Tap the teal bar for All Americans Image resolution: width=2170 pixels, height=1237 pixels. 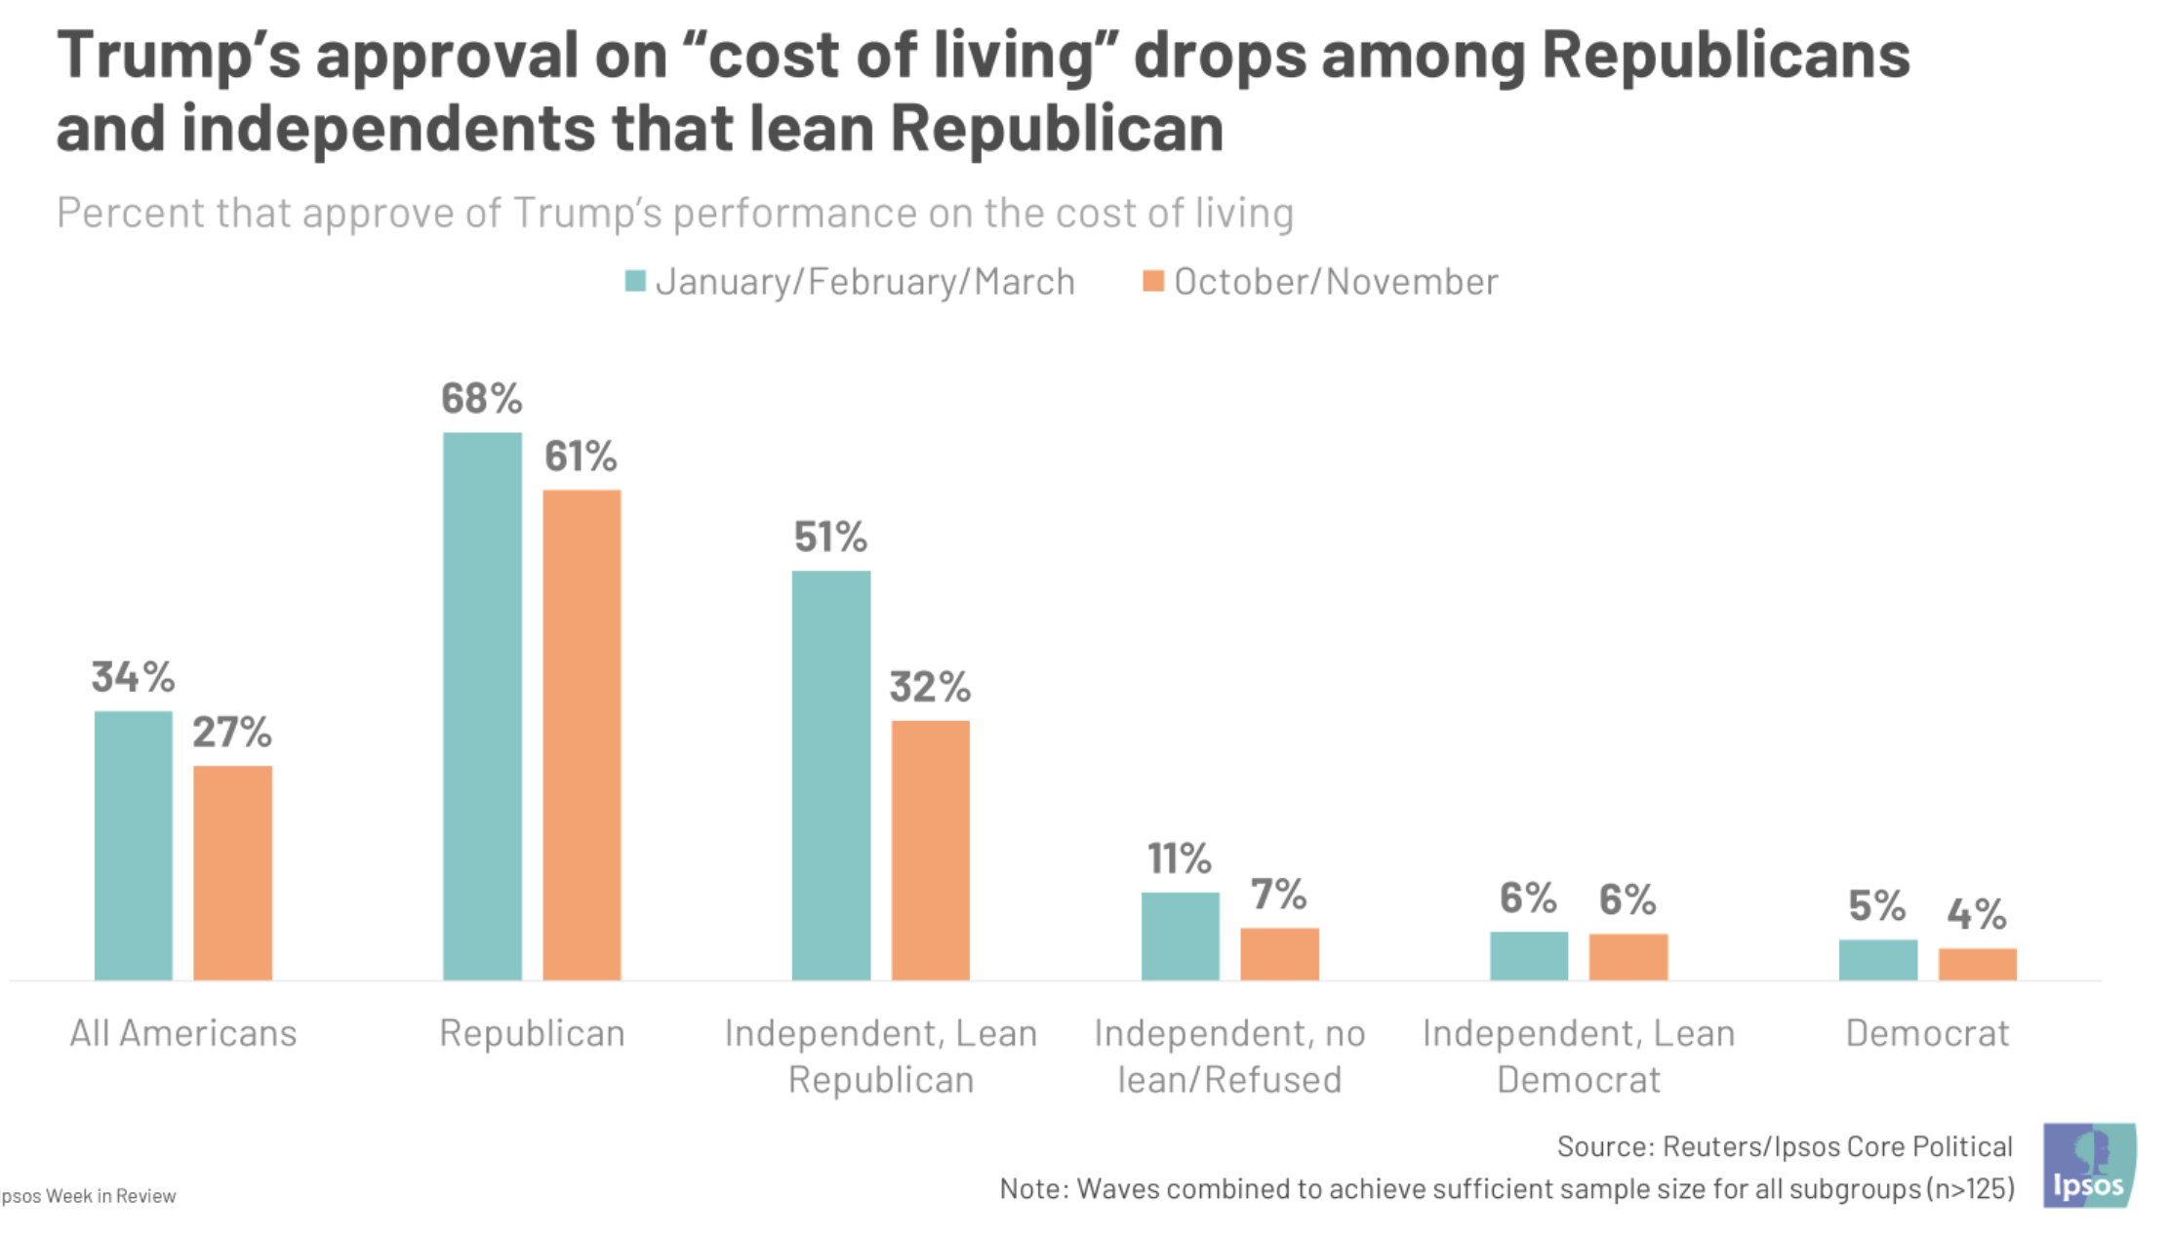134,845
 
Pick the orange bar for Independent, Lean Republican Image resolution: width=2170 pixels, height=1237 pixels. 931,850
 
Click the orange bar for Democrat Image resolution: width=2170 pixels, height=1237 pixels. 1977,964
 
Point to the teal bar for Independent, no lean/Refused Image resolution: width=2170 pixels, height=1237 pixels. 1180,936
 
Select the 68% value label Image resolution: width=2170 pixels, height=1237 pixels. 481,399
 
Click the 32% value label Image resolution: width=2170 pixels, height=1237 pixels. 930,687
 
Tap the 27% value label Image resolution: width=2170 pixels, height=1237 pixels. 232,732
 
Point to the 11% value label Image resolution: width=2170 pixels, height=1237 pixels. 1179,858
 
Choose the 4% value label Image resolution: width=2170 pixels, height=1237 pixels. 1977,914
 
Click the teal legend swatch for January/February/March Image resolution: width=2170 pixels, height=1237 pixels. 635,281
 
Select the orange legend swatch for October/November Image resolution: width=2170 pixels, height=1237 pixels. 1153,281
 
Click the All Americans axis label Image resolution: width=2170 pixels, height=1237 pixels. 183,1032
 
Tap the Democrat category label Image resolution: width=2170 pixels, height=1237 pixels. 1927,1032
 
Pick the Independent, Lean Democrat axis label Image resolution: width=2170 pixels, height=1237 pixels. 1579,1056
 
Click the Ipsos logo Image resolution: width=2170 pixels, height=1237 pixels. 2089,1166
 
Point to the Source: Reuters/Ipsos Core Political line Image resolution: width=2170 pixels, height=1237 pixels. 1785,1146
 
